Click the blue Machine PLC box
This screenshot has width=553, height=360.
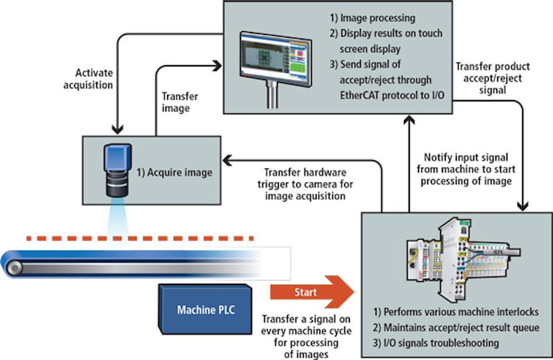click(x=206, y=309)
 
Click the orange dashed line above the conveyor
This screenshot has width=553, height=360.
click(x=140, y=238)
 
